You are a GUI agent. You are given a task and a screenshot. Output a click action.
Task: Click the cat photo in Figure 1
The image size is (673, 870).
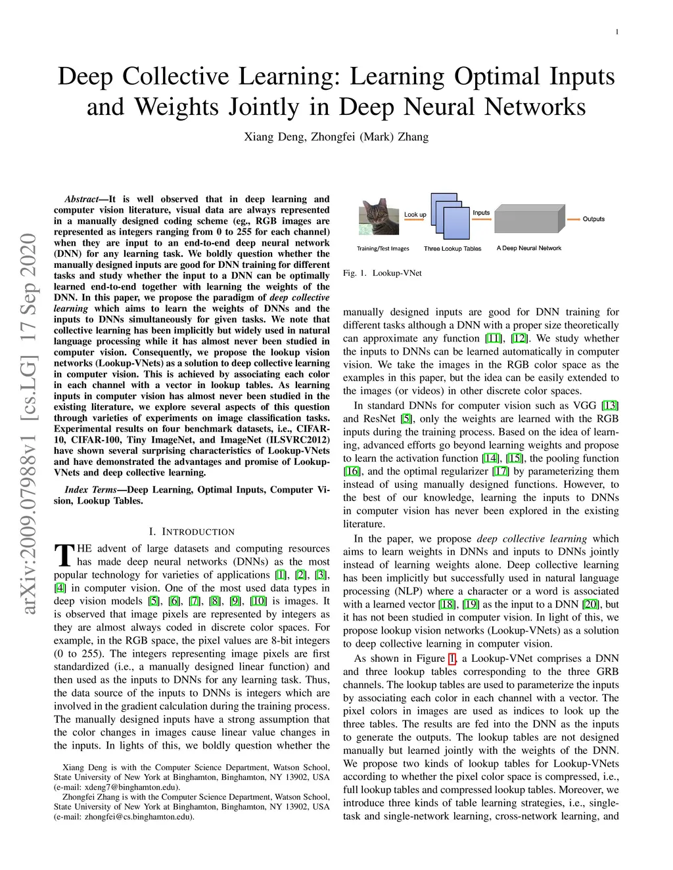(x=379, y=217)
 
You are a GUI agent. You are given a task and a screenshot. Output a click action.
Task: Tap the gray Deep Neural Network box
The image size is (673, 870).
(x=530, y=219)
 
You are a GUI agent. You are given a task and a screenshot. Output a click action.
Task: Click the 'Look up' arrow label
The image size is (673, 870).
(x=415, y=215)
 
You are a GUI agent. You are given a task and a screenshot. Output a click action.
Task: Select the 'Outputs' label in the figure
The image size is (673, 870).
(x=593, y=219)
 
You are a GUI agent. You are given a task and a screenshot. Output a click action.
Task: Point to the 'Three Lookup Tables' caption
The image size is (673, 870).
(x=453, y=249)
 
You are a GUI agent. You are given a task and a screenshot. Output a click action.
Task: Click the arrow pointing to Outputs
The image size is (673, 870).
(x=573, y=219)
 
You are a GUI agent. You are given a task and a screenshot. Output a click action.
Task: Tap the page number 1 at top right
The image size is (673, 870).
(x=617, y=32)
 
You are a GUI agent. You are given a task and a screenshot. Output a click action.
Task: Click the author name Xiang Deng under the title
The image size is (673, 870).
(x=275, y=137)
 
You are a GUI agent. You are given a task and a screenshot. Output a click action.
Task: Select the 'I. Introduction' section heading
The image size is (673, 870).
(x=191, y=532)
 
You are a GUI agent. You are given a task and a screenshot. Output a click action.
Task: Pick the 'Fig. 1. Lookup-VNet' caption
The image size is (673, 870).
(x=382, y=273)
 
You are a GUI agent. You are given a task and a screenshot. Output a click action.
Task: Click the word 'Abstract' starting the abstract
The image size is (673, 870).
(x=81, y=200)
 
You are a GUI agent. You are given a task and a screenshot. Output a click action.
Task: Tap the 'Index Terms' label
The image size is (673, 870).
(x=91, y=490)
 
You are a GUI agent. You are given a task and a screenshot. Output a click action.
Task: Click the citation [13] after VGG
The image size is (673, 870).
(x=610, y=406)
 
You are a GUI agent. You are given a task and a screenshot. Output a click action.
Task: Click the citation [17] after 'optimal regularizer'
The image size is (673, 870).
(x=501, y=471)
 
